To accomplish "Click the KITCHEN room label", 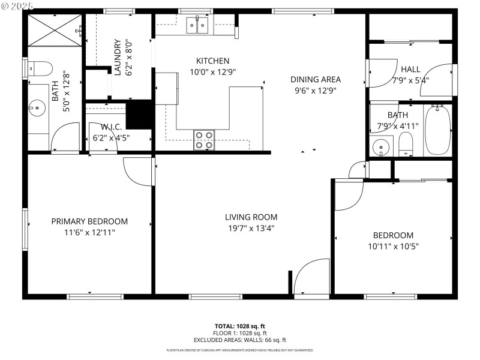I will click(x=212, y=61).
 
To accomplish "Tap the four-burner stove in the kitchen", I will click(x=205, y=140).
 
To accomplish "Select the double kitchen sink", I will click(x=197, y=25).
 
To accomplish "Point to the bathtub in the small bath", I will click(x=437, y=130).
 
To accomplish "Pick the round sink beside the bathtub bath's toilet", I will click(x=379, y=147).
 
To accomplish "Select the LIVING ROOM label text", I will click(x=251, y=217).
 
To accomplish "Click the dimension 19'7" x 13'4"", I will click(x=251, y=227).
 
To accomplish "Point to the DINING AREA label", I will click(x=316, y=79).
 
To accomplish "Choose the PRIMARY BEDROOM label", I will click(x=89, y=221).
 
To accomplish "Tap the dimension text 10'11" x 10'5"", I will click(x=393, y=246).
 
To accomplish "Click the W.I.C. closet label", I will click(x=111, y=127).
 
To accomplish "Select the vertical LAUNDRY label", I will click(x=118, y=58).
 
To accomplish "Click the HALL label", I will click(x=410, y=69).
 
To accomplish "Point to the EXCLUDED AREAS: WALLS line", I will click(x=239, y=340).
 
